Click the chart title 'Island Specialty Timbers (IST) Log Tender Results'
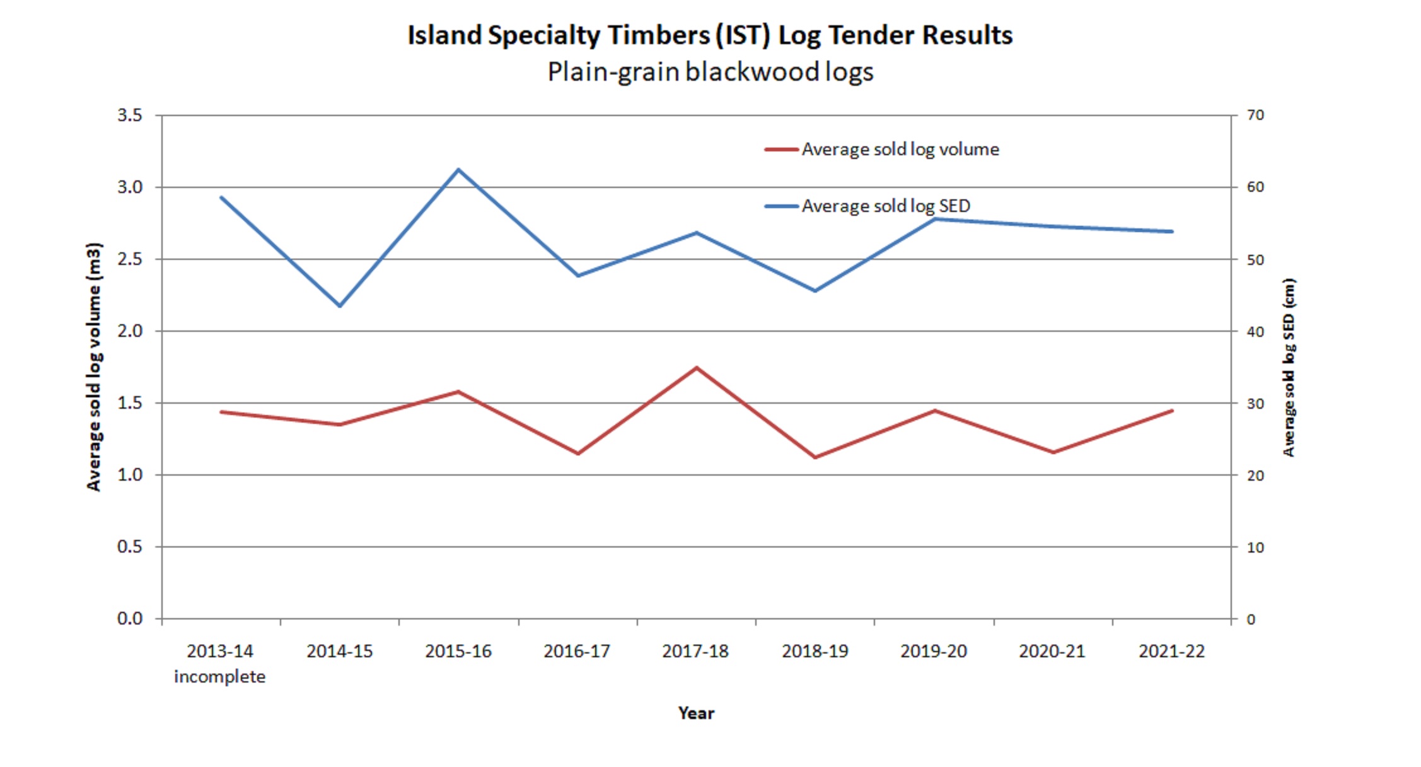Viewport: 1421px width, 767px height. click(710, 35)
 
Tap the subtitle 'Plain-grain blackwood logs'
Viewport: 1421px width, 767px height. click(710, 72)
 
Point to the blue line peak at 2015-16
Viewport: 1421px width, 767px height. click(458, 170)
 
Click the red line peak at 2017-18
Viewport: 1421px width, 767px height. click(696, 368)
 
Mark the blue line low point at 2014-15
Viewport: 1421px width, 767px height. click(340, 306)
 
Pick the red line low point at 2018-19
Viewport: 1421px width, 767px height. click(815, 457)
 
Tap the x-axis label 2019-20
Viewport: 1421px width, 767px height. click(933, 652)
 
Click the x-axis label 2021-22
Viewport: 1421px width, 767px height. click(1171, 652)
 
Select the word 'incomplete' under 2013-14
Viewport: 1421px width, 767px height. click(220, 677)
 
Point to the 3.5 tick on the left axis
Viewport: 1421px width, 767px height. click(130, 115)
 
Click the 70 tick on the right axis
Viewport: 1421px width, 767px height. click(1255, 115)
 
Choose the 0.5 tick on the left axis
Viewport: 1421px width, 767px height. click(130, 547)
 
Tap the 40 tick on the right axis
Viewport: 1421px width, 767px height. click(1255, 331)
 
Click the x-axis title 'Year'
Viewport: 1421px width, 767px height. click(696, 713)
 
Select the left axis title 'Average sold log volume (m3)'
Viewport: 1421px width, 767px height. click(93, 366)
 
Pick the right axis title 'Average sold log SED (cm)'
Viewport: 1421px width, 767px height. click(1289, 366)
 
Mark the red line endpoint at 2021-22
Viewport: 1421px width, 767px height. click(1172, 411)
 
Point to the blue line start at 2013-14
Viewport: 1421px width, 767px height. click(221, 197)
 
